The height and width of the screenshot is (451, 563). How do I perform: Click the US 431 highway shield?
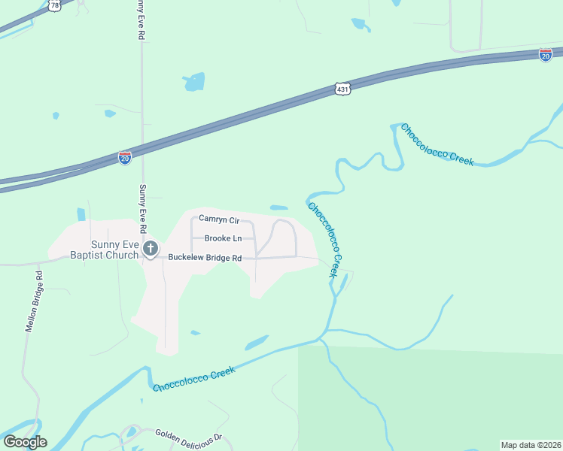pyautogui.click(x=342, y=89)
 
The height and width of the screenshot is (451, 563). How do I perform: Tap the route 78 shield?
pyautogui.click(x=53, y=5)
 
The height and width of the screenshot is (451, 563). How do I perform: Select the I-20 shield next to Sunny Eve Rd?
pyautogui.click(x=125, y=157)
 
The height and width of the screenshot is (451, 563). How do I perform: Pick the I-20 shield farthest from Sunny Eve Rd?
pyautogui.click(x=546, y=54)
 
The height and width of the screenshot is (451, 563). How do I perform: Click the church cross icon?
pyautogui.click(x=151, y=249)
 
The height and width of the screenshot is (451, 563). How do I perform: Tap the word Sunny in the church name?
pyautogui.click(x=105, y=244)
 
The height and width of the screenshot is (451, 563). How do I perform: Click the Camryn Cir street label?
pyautogui.click(x=218, y=219)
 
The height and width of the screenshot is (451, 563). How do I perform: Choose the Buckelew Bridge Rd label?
pyautogui.click(x=204, y=258)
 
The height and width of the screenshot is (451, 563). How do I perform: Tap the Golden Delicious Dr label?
pyautogui.click(x=189, y=436)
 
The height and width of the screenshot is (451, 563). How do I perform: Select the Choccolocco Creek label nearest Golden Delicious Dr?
pyautogui.click(x=194, y=378)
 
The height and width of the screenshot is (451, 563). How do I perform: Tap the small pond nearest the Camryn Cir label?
pyautogui.click(x=278, y=207)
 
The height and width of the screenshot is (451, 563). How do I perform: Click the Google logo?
pyautogui.click(x=25, y=442)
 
